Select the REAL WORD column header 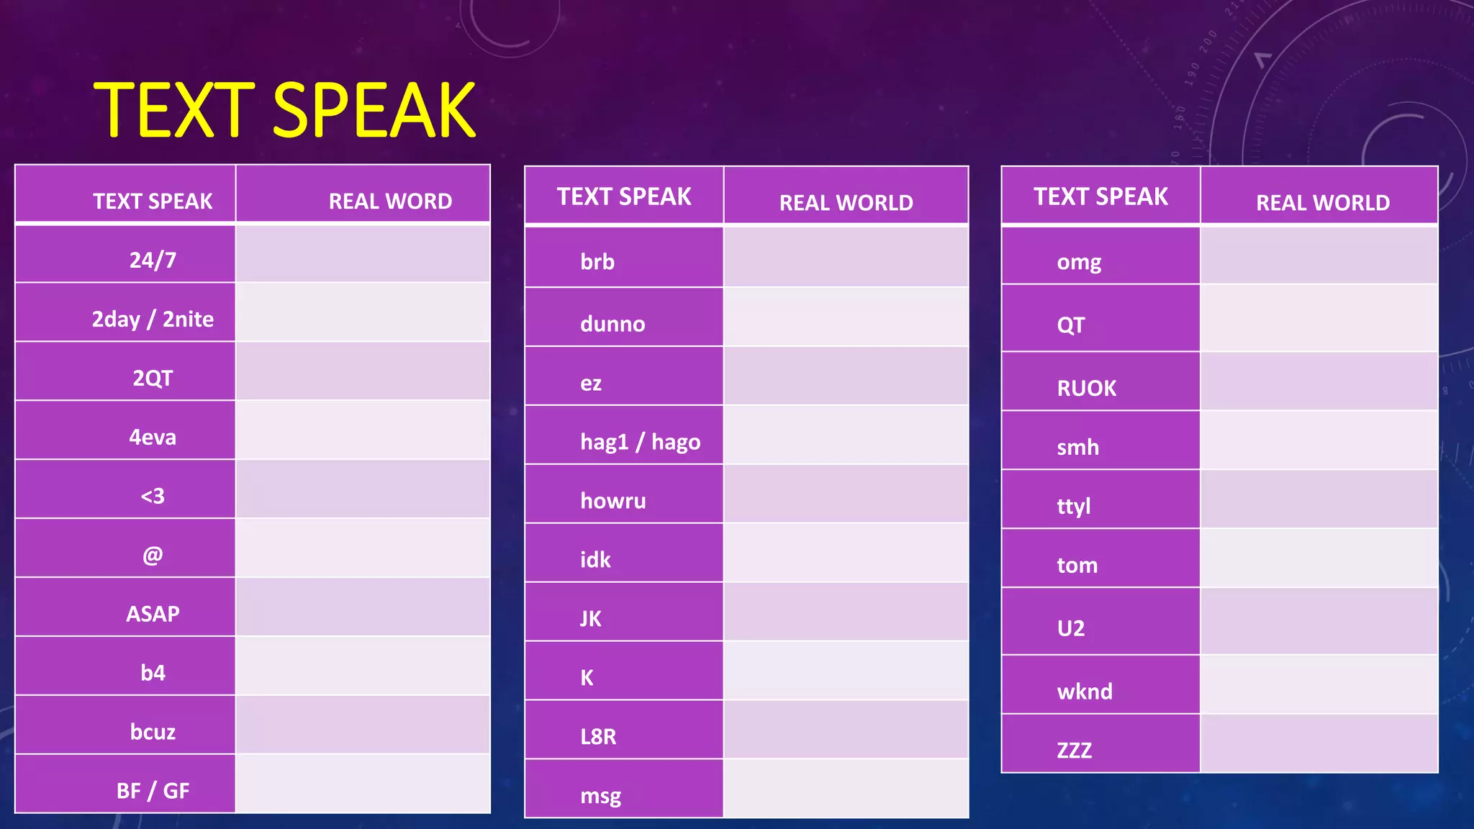tap(390, 201)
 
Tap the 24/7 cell tap(153, 259)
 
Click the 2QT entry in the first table tap(153, 377)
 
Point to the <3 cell tap(153, 495)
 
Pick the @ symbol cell tap(153, 554)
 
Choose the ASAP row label tap(153, 613)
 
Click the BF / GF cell tap(153, 790)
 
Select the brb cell tap(597, 261)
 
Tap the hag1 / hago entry tap(640, 441)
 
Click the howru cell tap(613, 500)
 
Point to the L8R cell tap(598, 736)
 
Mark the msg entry tap(600, 795)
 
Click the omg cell tap(1079, 261)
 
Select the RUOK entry tap(1086, 388)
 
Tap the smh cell tap(1077, 447)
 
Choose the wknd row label tap(1085, 691)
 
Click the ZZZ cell tap(1074, 750)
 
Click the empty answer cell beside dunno tap(846, 317)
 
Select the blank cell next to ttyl tap(1319, 499)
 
